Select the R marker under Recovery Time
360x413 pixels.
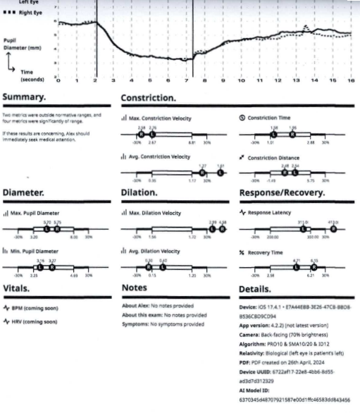tap(313, 267)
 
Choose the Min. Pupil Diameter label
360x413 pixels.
tap(40, 251)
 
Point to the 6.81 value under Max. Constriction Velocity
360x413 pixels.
tap(191, 142)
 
